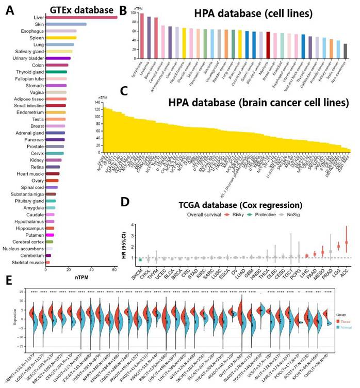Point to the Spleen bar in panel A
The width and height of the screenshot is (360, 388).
[x=60, y=38]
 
